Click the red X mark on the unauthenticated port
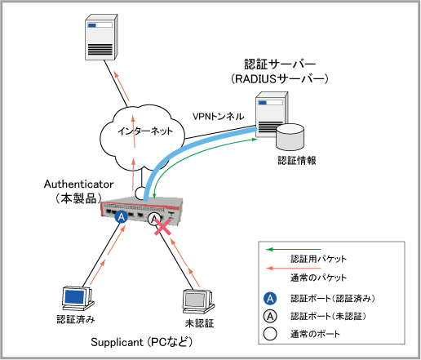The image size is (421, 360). [163, 227]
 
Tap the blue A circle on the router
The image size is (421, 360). [122, 217]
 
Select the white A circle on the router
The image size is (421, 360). [154, 219]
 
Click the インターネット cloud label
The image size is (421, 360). [145, 131]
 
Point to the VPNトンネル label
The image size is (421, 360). [219, 117]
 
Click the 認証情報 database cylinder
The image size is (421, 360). [290, 137]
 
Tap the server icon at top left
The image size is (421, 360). [101, 38]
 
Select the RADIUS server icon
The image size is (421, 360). [271, 114]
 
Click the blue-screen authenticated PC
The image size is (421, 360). [78, 298]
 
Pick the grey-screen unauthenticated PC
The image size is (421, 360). [198, 302]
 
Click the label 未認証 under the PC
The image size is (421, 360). [199, 323]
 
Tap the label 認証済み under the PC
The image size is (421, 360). [76, 319]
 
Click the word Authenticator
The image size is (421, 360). [78, 184]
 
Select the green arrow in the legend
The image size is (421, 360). [294, 249]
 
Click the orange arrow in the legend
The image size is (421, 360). [294, 269]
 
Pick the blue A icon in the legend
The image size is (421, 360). [270, 299]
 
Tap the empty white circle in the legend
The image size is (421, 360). [270, 334]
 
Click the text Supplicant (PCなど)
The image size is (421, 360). [141, 342]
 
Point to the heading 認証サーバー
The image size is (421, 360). [280, 64]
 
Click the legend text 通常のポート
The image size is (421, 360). [315, 334]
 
